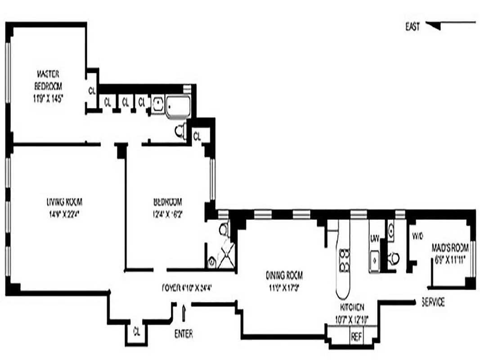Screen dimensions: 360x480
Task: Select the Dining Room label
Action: [284, 274]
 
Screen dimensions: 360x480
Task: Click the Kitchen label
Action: [352, 307]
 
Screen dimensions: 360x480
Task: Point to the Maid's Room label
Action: [450, 247]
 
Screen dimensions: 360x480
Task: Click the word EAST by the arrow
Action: [412, 27]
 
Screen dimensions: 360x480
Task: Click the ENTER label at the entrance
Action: [183, 334]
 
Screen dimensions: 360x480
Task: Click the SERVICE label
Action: [433, 302]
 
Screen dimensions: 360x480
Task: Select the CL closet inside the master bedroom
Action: [92, 90]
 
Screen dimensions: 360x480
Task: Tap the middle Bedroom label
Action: [167, 201]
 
